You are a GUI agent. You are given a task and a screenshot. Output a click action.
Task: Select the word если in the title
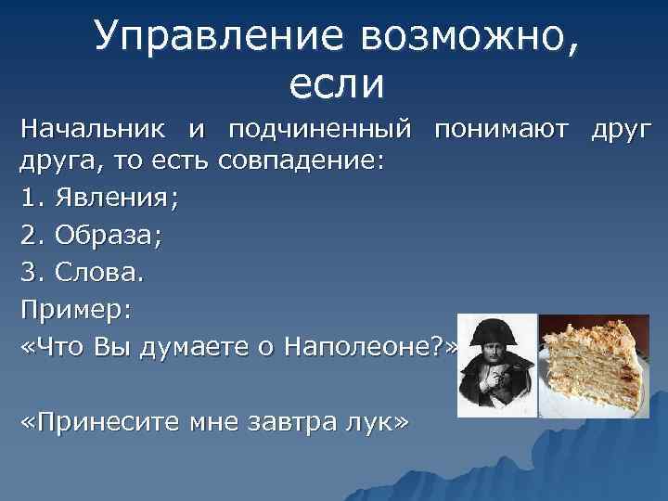click(x=336, y=85)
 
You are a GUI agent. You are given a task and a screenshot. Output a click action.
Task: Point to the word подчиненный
click(x=324, y=126)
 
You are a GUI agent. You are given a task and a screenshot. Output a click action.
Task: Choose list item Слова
click(x=98, y=274)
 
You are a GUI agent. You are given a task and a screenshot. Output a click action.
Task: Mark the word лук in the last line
click(x=379, y=423)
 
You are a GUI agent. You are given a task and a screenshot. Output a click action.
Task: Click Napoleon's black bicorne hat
click(x=497, y=329)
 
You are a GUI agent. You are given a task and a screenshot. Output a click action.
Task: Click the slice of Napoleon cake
click(x=594, y=363)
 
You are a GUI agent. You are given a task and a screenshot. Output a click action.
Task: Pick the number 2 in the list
click(x=28, y=236)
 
